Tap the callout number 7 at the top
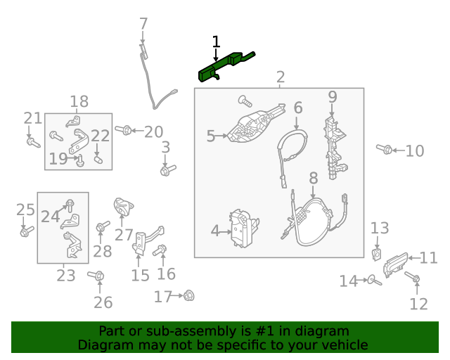coord(143,24)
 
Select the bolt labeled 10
coord(385,148)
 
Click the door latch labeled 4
coord(244,229)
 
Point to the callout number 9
coord(333,97)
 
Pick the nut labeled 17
coord(189,295)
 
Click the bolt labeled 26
coord(96,276)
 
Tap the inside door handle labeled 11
coord(395,264)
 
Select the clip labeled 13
coord(377,255)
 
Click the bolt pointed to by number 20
coord(124,130)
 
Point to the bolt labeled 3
coord(168,170)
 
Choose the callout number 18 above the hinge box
coord(79,102)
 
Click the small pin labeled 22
coord(98,160)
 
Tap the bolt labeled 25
coord(27,231)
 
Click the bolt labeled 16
coord(160,250)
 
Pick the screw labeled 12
coord(413,277)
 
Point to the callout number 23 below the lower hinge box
coord(66,276)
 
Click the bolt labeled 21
coord(33,143)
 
